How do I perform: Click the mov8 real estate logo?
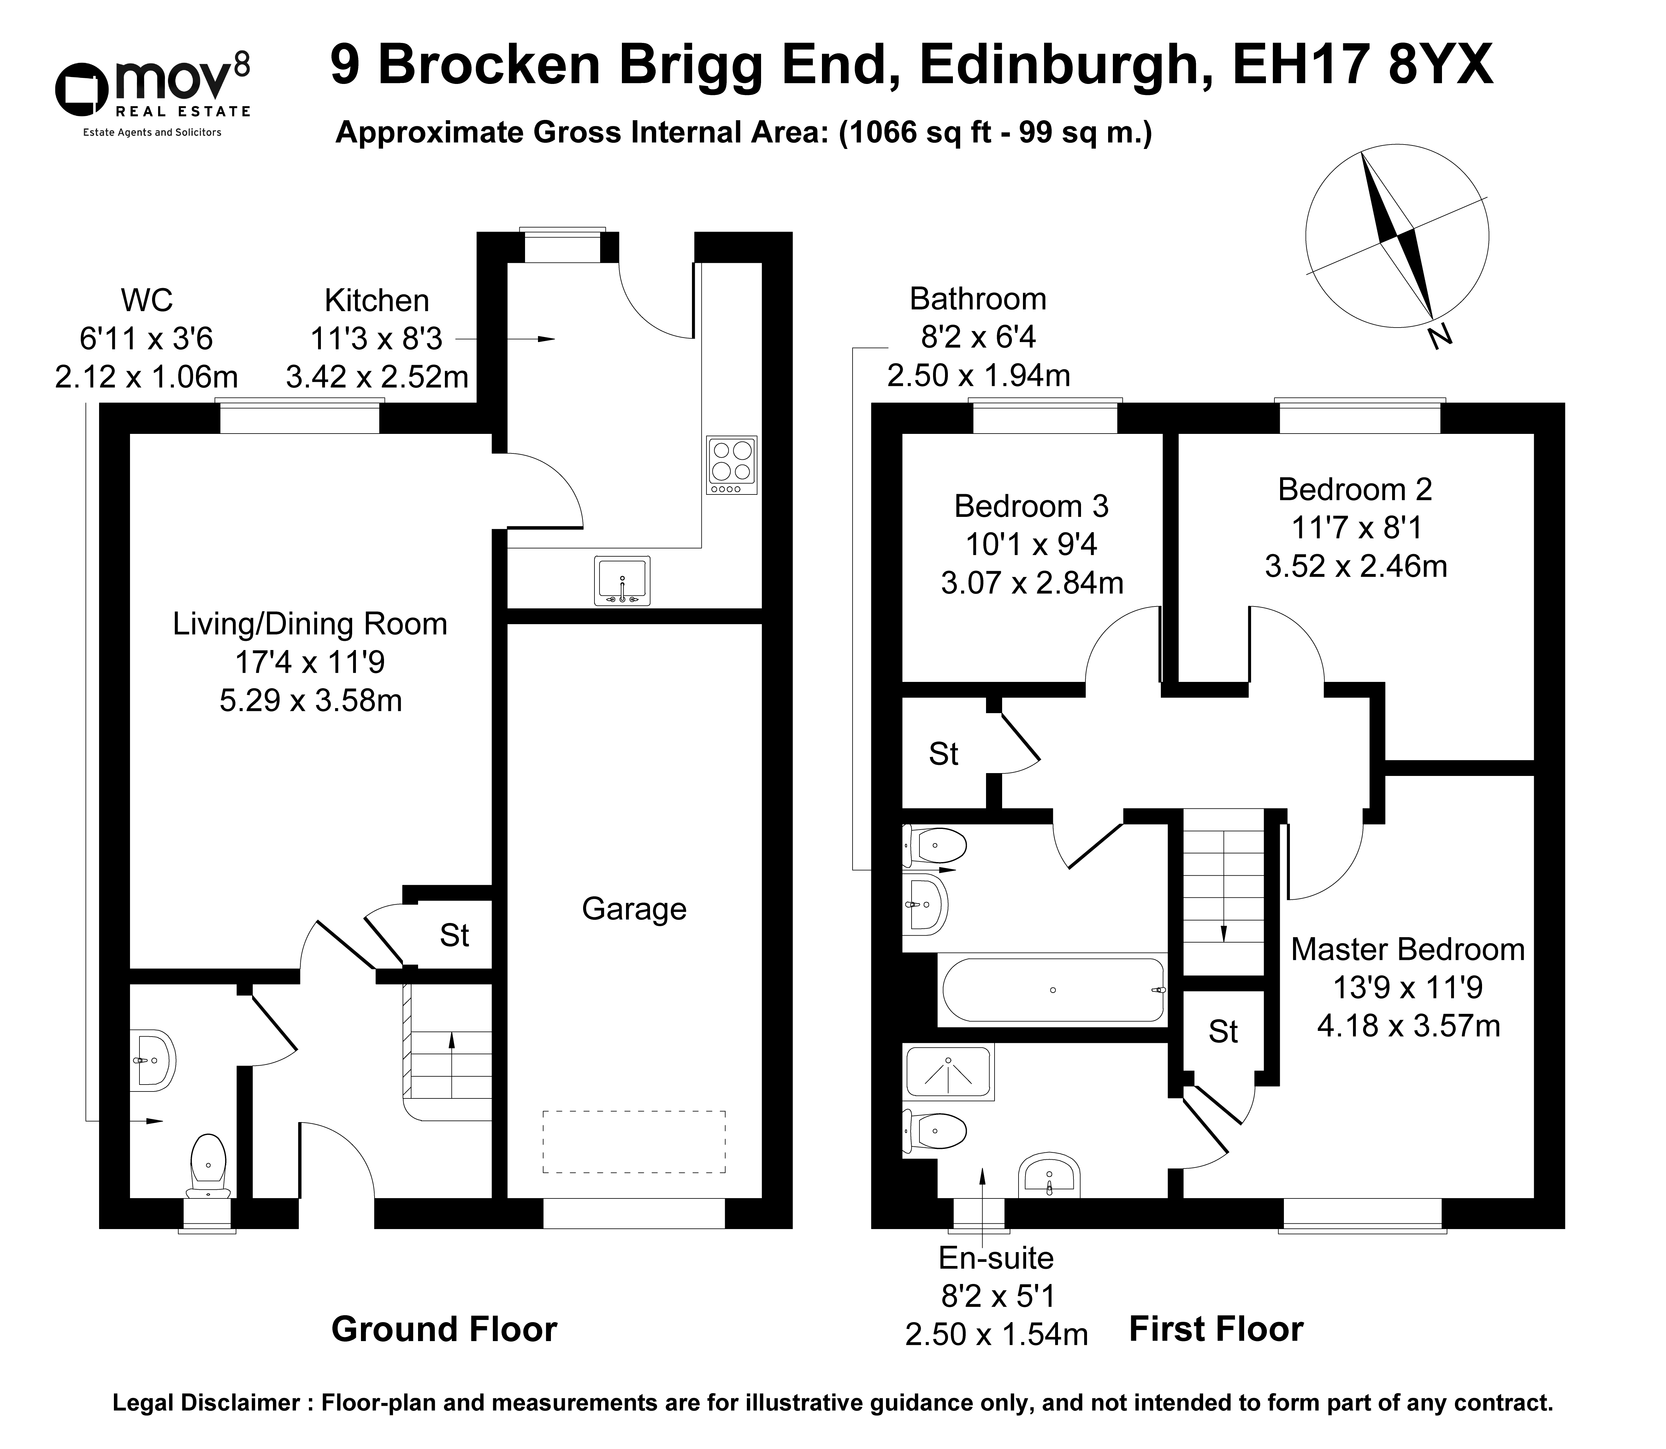152,97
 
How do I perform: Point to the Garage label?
634,909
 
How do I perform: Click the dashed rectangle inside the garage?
634,1142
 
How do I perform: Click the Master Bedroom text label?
1407,949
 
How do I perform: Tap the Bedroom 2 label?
1355,489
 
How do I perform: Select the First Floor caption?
1216,1329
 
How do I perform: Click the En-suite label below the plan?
996,1258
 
